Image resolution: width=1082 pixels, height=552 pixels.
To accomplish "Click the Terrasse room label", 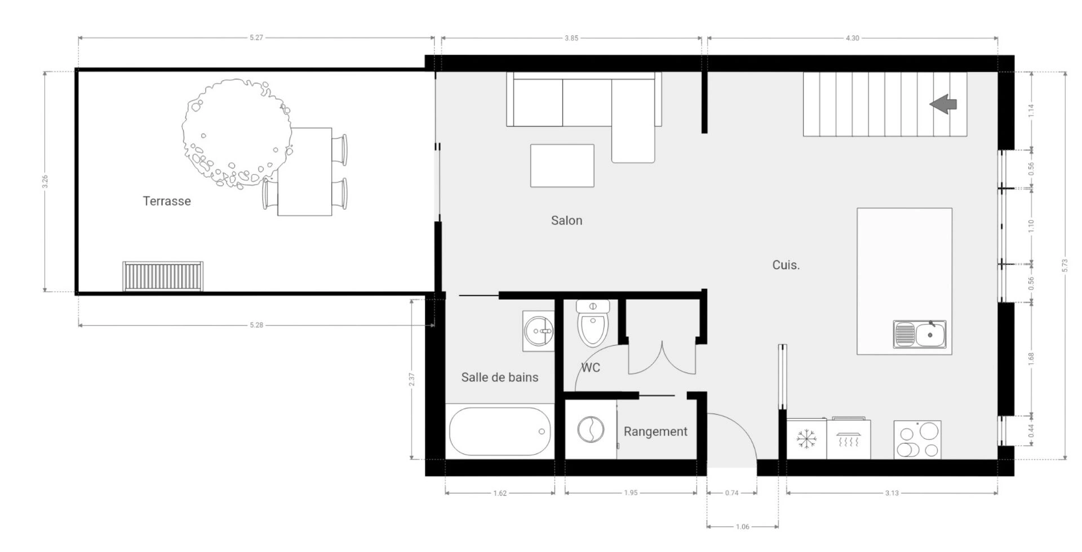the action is click(167, 201).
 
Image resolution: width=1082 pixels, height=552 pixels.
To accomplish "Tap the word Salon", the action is click(566, 220).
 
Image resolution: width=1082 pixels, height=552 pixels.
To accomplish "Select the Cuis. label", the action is click(786, 265).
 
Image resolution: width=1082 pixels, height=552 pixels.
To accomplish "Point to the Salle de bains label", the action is click(500, 377).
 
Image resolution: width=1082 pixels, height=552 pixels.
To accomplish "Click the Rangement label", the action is click(655, 431).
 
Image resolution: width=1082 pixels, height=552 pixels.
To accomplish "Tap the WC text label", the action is click(591, 368).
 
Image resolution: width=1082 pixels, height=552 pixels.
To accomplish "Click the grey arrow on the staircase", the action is click(943, 104).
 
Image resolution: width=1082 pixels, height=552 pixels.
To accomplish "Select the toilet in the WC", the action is click(593, 323).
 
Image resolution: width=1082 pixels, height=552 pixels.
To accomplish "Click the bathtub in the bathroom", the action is click(500, 431).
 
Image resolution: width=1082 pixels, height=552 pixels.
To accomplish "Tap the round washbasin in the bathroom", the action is click(539, 331).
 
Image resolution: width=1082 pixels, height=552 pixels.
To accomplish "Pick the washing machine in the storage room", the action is click(591, 430).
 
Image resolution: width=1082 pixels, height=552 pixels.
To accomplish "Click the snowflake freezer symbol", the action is click(806, 439).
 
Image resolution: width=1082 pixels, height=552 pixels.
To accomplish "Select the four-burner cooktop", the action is click(917, 439).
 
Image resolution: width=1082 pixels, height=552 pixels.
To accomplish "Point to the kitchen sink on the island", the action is click(920, 334).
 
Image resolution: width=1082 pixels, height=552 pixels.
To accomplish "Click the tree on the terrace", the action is click(237, 133).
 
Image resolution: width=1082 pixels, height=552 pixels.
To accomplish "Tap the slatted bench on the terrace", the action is click(163, 276).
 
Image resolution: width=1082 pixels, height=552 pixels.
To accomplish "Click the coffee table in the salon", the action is click(562, 166).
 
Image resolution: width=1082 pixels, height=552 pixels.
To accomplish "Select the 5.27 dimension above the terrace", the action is click(256, 38).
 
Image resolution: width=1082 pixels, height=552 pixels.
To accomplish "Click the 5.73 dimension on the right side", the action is click(1065, 265).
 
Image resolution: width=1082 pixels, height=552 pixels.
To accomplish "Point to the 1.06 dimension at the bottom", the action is click(743, 527).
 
